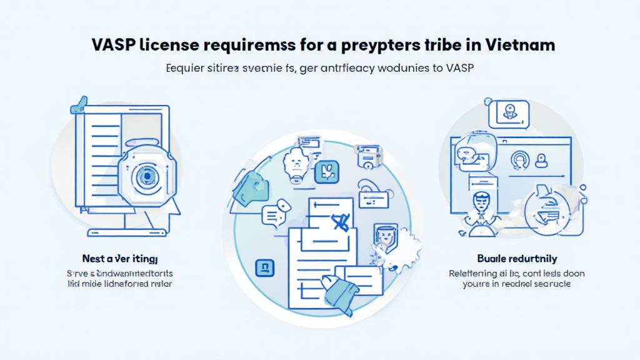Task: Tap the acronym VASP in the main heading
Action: (x=114, y=46)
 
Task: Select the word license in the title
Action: (x=172, y=46)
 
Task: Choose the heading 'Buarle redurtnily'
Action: (x=517, y=258)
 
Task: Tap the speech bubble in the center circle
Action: (x=273, y=215)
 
